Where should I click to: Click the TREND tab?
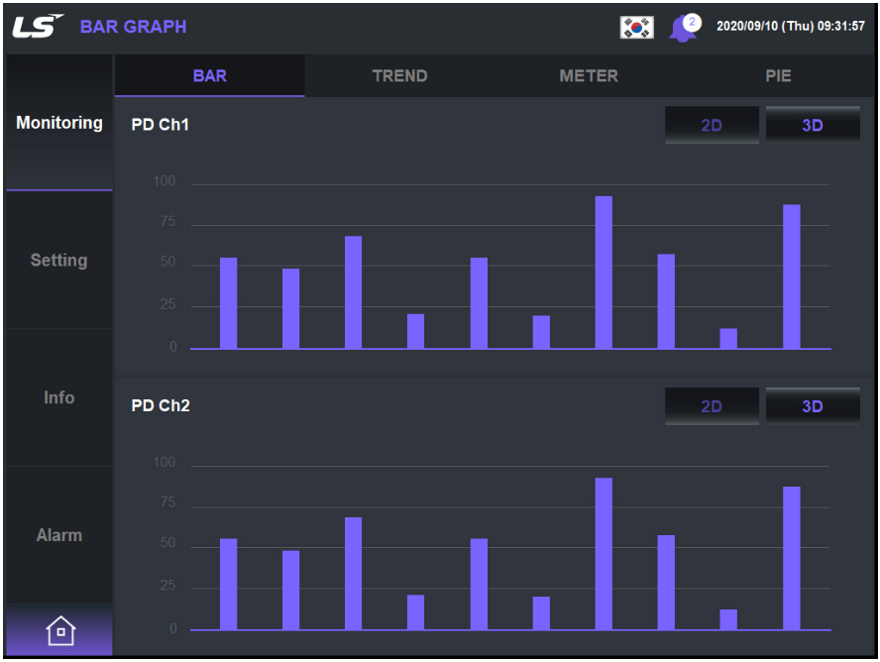399,75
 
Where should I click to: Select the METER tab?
589,75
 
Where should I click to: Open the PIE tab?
778,75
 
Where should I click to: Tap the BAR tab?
209,75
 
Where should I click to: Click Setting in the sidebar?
58,260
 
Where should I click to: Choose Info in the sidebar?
58,397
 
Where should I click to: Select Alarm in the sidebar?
58,535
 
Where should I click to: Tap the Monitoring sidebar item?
58,123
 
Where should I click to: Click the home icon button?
59,630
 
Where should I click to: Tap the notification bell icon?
682,28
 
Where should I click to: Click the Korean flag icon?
636,27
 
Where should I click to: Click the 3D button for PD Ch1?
813,125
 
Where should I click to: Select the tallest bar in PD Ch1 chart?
604,273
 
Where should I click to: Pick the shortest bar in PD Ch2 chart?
728,619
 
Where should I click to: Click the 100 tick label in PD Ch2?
164,463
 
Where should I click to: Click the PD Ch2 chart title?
161,405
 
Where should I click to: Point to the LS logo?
38,26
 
